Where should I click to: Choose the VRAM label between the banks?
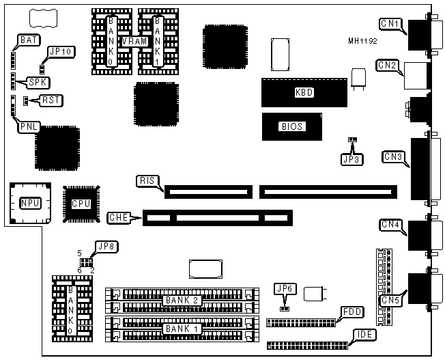point(130,41)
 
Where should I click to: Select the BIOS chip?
point(291,126)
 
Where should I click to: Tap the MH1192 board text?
point(362,41)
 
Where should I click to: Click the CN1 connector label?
point(390,25)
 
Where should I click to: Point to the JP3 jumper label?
point(351,159)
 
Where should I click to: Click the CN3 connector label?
point(393,157)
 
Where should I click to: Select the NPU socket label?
point(30,203)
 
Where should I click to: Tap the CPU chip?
point(81,203)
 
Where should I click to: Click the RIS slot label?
point(147,181)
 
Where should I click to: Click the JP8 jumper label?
point(104,246)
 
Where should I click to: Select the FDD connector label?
point(353,311)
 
